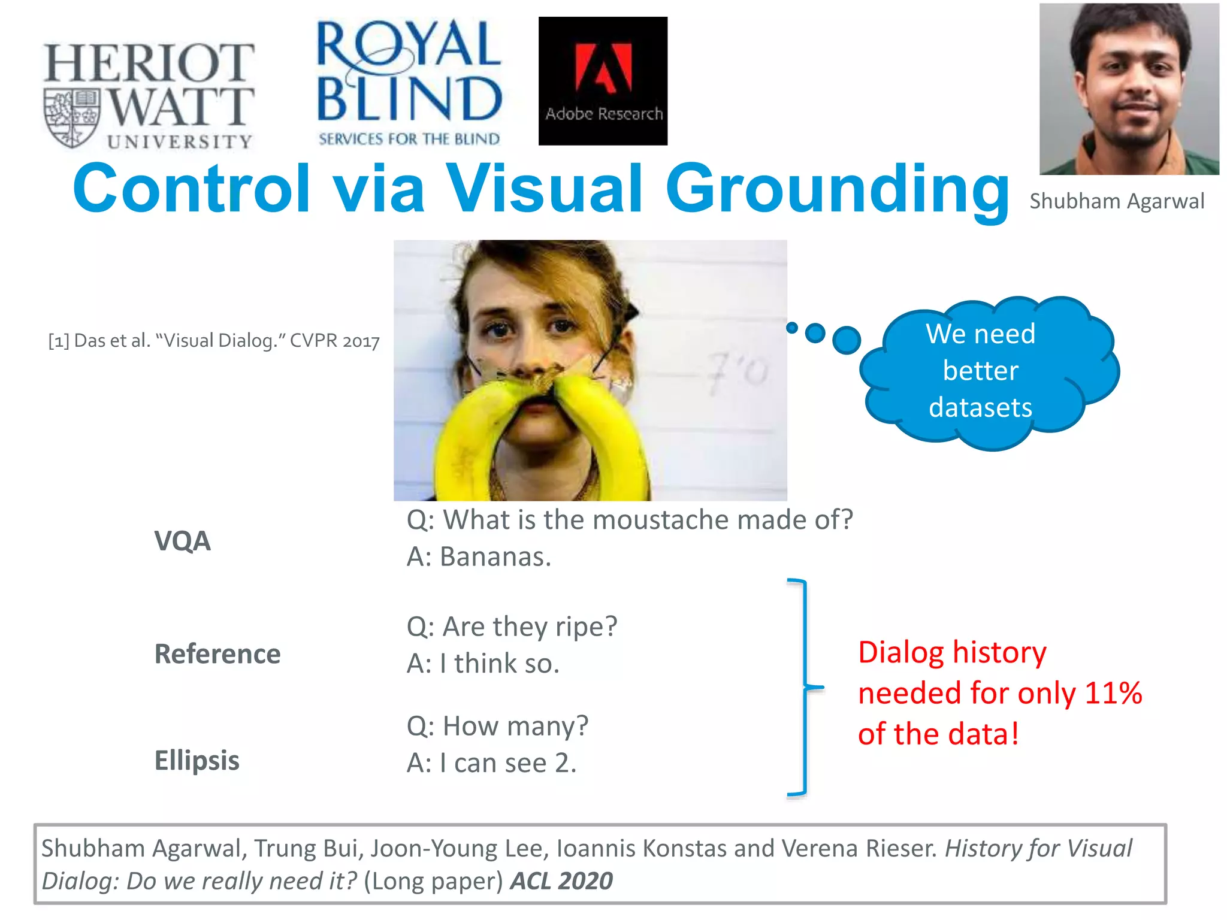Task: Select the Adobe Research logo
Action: pyautogui.click(x=603, y=81)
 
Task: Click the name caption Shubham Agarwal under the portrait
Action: pyautogui.click(x=1116, y=201)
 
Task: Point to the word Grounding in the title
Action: pyautogui.click(x=837, y=189)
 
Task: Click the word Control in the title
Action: pyautogui.click(x=192, y=189)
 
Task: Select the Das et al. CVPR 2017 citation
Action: pyautogui.click(x=214, y=341)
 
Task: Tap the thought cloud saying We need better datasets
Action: pyautogui.click(x=989, y=371)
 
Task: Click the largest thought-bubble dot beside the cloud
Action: pyautogui.click(x=847, y=340)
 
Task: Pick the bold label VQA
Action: pyautogui.click(x=183, y=541)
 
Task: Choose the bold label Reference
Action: pyautogui.click(x=217, y=653)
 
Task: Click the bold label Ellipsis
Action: pyautogui.click(x=197, y=761)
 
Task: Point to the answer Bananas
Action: pyautogui.click(x=479, y=557)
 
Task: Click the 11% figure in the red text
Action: pyautogui.click(x=1113, y=693)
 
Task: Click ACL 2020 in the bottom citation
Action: pyautogui.click(x=561, y=881)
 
